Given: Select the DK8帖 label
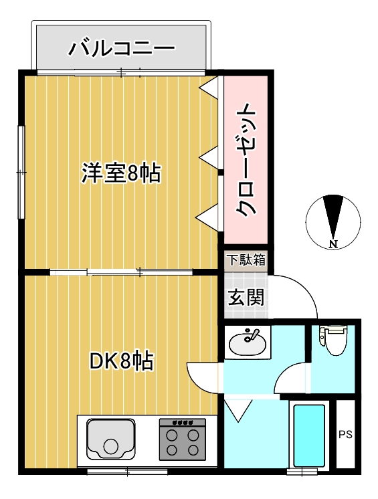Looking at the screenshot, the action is (x=122, y=361).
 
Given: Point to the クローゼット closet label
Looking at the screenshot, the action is (x=246, y=160).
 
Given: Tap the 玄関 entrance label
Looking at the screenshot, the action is (x=246, y=296).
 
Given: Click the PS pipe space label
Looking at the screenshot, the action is (x=345, y=434).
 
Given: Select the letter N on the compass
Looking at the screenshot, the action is (x=333, y=244).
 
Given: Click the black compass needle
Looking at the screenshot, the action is (x=333, y=217).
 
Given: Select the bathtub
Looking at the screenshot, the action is (x=308, y=435).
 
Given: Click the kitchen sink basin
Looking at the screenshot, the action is (x=110, y=439).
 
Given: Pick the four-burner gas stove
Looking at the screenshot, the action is (x=183, y=439).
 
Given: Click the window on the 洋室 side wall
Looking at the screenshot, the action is (x=21, y=172).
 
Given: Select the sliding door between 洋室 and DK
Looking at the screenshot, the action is (x=122, y=272).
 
